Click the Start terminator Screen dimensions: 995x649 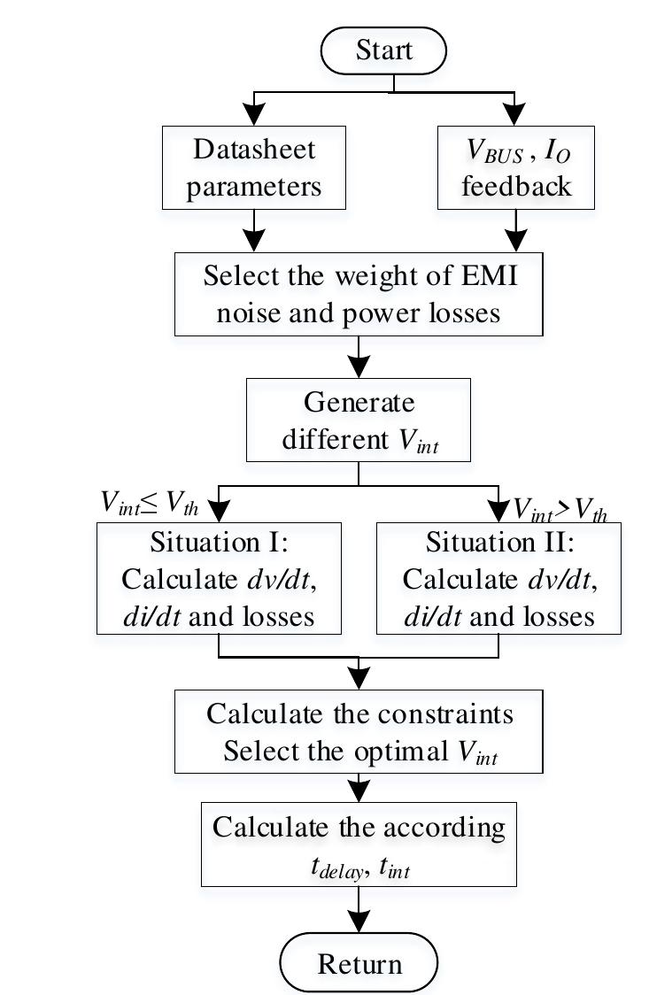383,51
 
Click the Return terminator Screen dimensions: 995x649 359,962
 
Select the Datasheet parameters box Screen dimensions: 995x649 254,167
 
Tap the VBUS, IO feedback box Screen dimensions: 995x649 516,167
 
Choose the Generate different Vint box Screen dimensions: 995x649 359,420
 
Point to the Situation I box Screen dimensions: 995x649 219,577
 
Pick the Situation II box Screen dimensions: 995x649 498,577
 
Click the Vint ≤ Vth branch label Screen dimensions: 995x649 149,504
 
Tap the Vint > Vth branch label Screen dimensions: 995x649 560,509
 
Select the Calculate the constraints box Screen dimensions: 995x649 359,732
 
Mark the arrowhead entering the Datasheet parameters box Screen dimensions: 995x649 254,114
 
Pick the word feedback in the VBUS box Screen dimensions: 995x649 516,187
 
